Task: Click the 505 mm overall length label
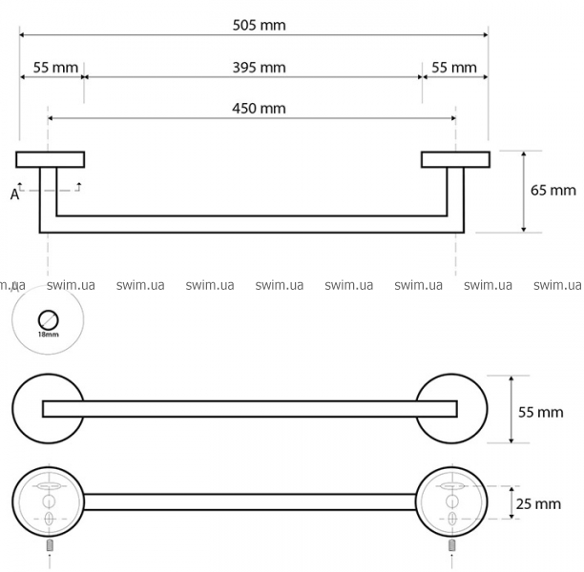260,26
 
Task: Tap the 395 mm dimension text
260,68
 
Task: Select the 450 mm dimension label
260,109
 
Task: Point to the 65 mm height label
553,191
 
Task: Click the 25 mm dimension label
538,504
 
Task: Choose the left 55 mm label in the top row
56,68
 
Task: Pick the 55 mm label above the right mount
454,68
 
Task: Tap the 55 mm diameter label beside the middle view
541,413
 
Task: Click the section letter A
14,194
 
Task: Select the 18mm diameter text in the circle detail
49,335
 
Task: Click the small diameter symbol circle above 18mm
49,319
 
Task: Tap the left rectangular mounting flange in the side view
51,159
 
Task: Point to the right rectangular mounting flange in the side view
455,159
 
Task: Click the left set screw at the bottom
50,546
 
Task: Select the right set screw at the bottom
451,546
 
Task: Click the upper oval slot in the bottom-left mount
49,486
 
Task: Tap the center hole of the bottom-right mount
451,501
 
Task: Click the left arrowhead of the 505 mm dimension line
22,35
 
